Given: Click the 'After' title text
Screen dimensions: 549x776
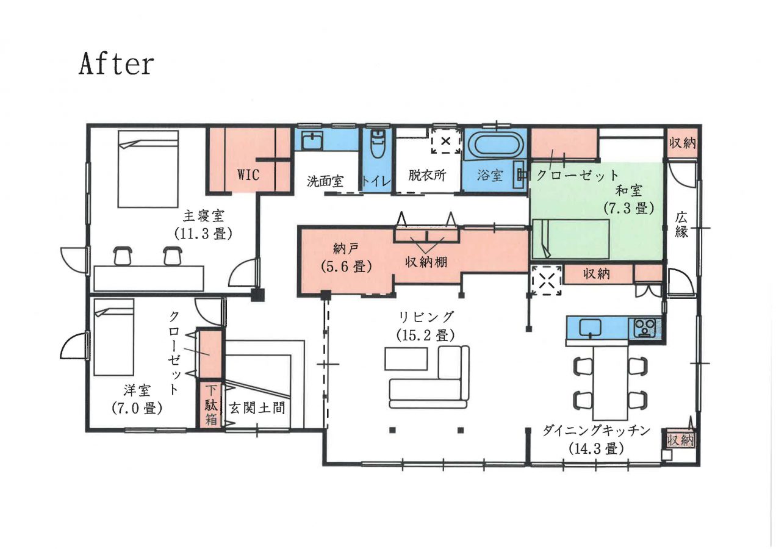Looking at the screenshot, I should click(116, 64).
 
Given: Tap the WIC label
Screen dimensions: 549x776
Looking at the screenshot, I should click(248, 175).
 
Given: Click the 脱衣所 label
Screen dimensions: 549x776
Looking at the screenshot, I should click(427, 175).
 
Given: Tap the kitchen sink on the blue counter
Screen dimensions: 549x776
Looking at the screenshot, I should click(590, 328).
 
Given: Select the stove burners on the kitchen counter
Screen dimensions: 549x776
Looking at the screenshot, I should click(645, 328).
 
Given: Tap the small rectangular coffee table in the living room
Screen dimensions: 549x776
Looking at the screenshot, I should click(406, 358).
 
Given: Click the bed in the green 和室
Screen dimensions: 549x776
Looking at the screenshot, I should click(571, 239).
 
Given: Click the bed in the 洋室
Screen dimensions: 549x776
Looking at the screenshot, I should click(113, 340).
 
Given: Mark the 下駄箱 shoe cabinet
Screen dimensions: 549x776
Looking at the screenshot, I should click(210, 404).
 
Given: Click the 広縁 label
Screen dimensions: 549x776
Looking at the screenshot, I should click(681, 224).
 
